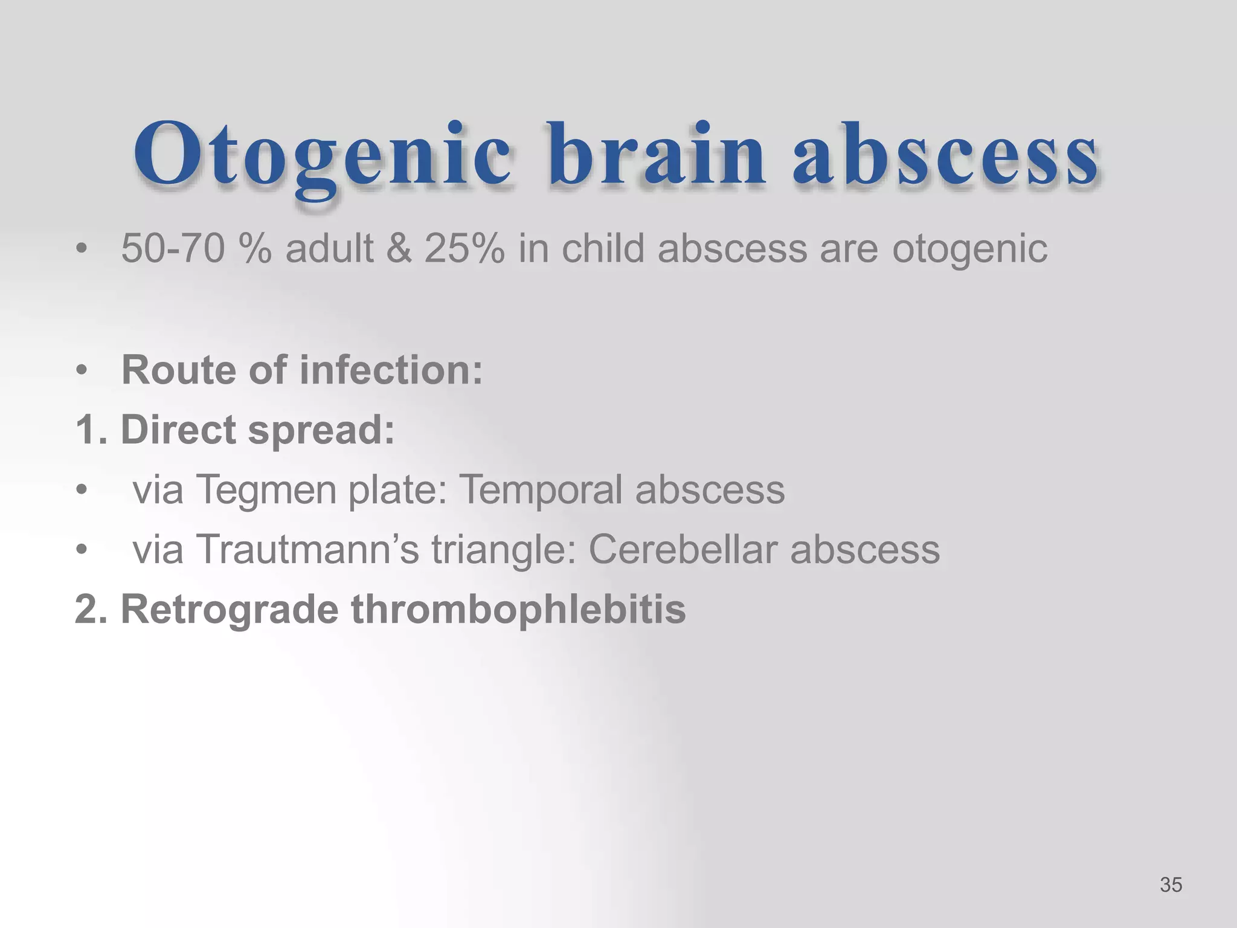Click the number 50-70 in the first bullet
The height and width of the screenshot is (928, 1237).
173,248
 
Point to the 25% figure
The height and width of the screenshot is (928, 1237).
464,248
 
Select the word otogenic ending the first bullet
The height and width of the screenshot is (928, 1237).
969,250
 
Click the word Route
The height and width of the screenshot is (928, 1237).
179,370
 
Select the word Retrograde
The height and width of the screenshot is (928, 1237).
229,609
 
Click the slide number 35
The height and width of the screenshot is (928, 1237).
1171,885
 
